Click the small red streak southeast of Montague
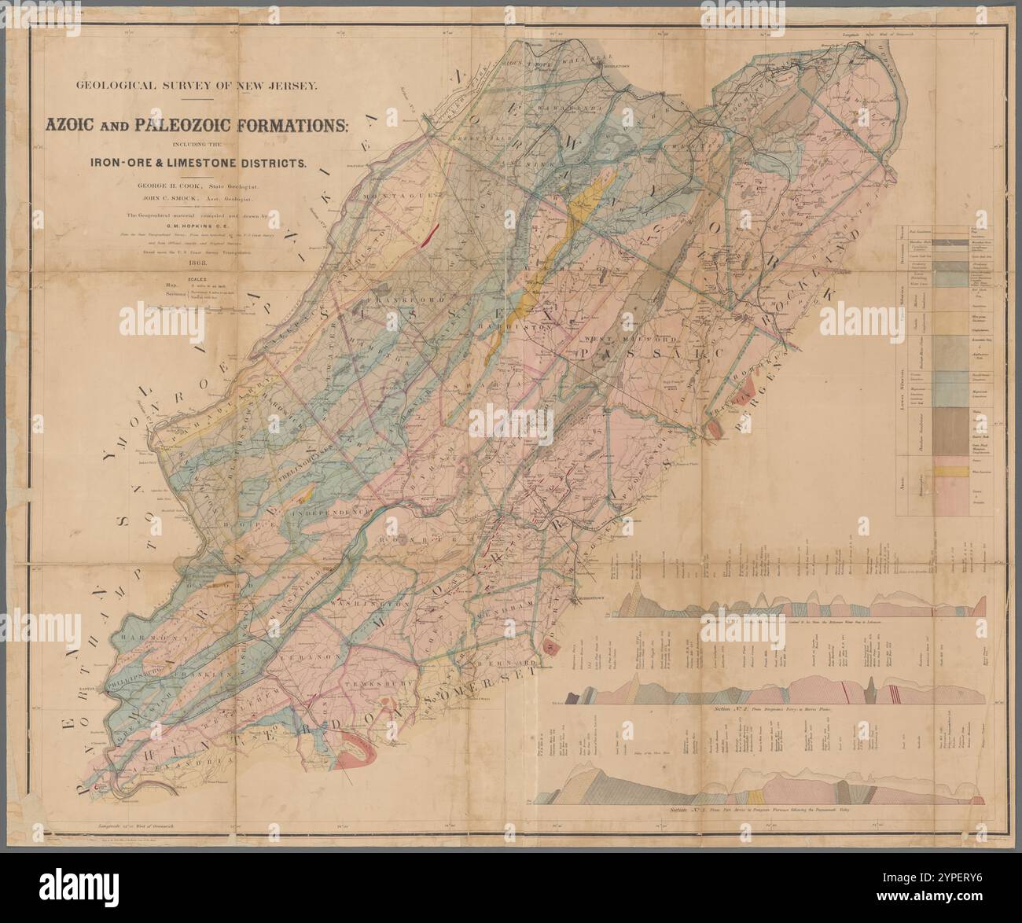click(429, 234)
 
